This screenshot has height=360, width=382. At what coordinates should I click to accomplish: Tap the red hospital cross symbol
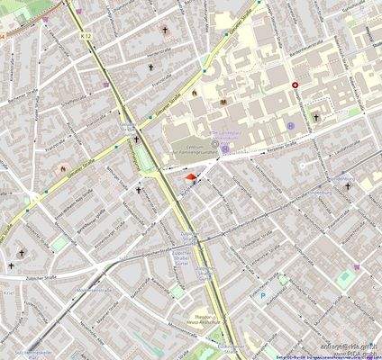pos(296,85)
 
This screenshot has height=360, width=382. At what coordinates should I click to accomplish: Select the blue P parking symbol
pos(264,294)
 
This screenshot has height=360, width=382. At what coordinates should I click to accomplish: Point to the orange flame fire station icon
pos(61,168)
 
